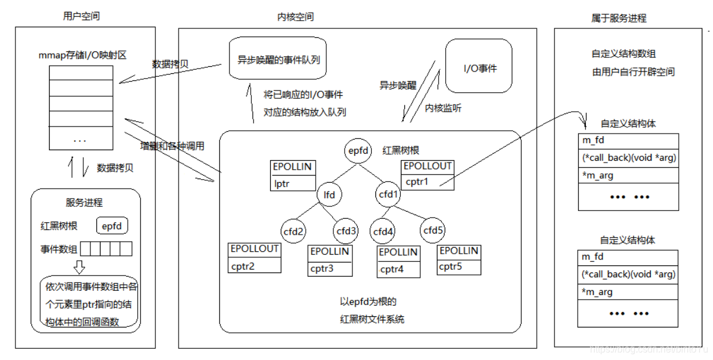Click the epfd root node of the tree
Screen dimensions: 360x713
(360, 151)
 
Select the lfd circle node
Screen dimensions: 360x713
(329, 193)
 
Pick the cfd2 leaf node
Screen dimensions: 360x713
(294, 232)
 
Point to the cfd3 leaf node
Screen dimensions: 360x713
(346, 231)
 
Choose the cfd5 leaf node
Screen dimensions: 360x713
(433, 230)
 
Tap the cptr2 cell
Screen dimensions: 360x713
(254, 265)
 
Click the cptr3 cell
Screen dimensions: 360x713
(329, 269)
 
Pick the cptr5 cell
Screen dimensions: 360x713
(458, 266)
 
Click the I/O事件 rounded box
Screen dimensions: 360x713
(479, 66)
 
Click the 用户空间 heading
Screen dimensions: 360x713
(81, 16)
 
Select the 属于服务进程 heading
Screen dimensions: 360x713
(618, 18)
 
